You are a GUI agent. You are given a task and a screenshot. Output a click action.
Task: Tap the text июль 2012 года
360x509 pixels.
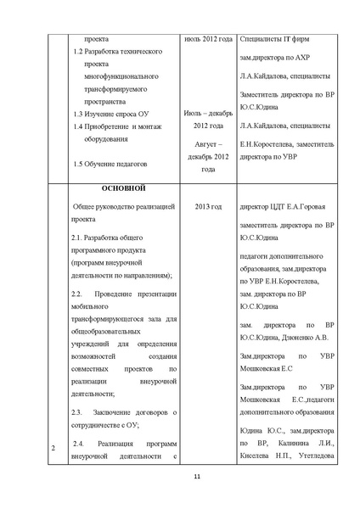point(208,39)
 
